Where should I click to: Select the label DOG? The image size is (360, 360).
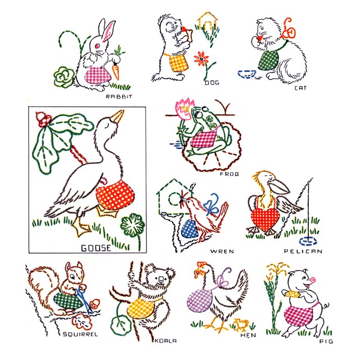(211, 83)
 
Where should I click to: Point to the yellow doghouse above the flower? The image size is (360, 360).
(207, 23)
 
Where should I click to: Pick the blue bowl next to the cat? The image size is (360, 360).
(246, 73)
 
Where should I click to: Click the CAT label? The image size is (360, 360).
(300, 88)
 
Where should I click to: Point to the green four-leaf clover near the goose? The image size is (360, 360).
(133, 225)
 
